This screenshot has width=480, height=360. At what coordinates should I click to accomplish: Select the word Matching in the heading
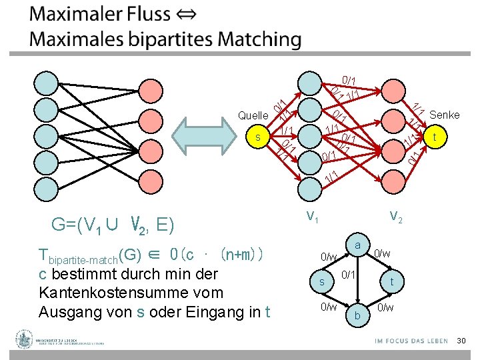pos(261,39)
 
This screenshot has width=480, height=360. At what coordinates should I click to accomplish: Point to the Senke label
pos(445,115)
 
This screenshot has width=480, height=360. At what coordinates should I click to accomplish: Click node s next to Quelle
pos(258,137)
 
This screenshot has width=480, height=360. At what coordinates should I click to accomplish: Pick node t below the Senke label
pos(435,137)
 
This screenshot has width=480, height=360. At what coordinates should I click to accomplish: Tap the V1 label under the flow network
pos(311,216)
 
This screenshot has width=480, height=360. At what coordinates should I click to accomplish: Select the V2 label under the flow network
pos(395,216)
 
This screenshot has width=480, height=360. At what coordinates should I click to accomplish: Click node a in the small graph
pos(358,247)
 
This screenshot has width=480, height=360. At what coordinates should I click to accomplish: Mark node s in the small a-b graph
pos(322,282)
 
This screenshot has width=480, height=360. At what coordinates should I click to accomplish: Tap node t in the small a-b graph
pos(392,282)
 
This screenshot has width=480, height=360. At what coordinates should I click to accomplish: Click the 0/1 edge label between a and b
pos(348,274)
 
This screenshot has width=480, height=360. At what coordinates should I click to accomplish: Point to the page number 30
pos(459,341)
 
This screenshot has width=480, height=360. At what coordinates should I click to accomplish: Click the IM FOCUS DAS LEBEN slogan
pos(411,341)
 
